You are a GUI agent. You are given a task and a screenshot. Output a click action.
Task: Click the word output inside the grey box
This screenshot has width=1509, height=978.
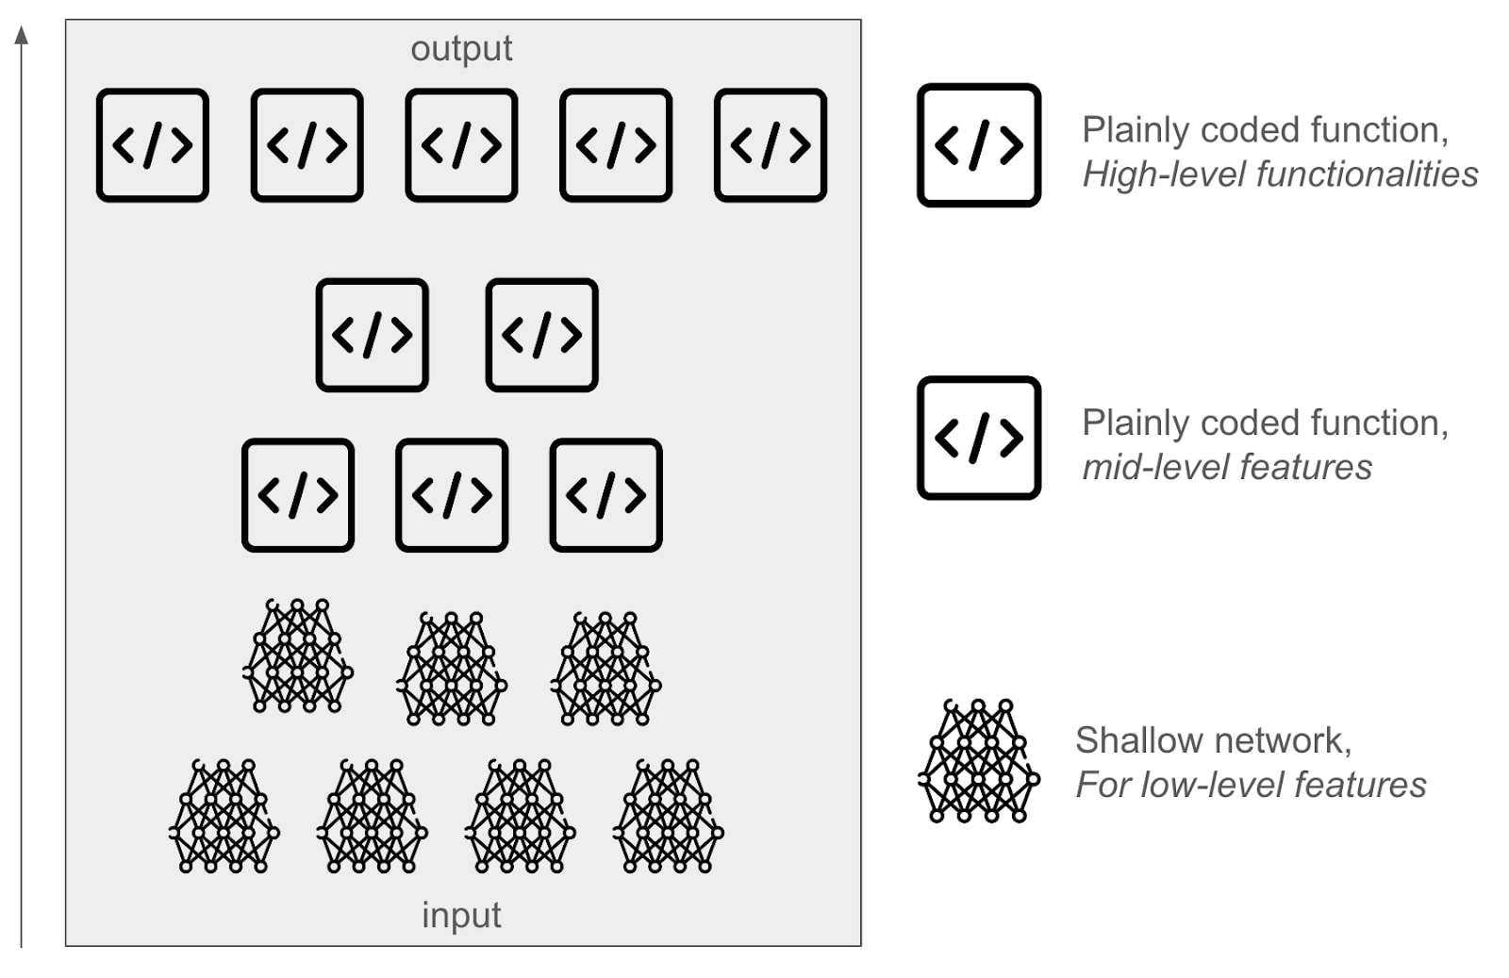461,49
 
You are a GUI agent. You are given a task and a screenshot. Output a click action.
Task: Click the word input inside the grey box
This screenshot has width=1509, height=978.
461,915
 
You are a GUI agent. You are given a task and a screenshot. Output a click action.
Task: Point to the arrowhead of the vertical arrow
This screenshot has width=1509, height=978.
22,36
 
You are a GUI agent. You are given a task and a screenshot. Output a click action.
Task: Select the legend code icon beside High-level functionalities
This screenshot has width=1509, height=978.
979,145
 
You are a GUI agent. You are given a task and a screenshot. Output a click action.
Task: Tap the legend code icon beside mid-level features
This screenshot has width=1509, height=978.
979,438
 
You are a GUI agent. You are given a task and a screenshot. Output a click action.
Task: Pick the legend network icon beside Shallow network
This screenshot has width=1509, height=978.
979,761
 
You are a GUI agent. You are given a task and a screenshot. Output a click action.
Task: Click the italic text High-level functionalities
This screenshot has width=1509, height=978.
1280,174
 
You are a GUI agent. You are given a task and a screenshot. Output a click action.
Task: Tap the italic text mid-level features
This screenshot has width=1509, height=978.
1227,467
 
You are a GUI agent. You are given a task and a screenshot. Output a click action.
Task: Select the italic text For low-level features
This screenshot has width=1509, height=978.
1251,785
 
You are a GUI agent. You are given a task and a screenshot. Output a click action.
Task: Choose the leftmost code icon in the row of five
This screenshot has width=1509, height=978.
153,145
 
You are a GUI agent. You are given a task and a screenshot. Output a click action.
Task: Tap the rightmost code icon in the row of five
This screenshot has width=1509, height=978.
771,145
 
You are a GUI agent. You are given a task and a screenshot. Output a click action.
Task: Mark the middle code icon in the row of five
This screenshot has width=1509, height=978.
461,145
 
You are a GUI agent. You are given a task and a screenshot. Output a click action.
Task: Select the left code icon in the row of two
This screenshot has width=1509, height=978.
373,335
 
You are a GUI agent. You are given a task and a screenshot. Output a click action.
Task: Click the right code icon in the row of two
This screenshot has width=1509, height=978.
542,335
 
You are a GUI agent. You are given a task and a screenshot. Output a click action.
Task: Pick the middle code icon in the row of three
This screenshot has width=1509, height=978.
452,495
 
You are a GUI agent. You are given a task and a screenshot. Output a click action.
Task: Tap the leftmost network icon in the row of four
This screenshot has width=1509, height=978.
224,816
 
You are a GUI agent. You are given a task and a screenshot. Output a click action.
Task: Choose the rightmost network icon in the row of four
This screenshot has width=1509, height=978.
669,816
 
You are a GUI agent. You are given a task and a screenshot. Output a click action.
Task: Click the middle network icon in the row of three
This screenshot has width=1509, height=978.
452,668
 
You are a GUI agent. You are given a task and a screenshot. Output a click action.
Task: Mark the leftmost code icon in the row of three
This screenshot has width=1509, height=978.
298,495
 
